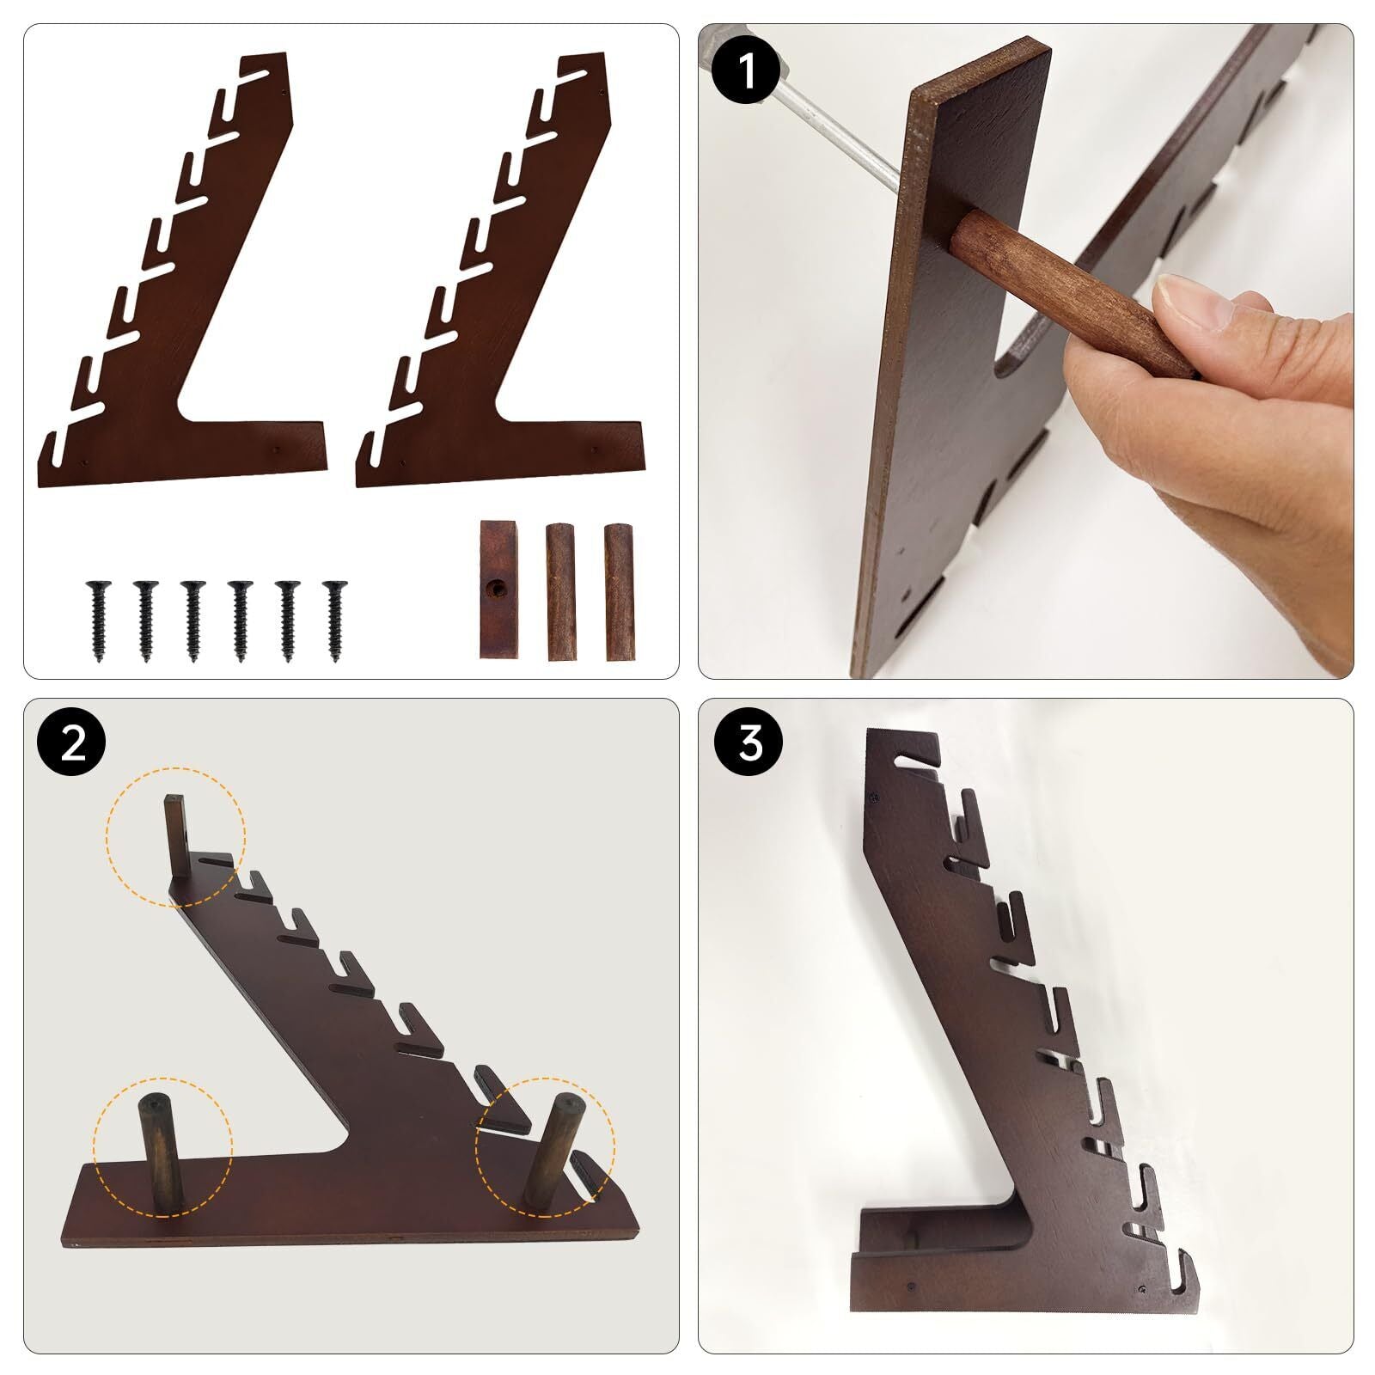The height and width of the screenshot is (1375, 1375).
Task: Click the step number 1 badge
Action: coord(746,70)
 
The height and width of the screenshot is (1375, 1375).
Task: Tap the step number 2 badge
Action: coord(72,743)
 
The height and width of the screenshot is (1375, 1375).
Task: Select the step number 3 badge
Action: coord(749,743)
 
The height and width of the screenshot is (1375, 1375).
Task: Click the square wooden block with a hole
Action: coord(496,590)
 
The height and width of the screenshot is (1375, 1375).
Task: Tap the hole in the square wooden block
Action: coord(496,590)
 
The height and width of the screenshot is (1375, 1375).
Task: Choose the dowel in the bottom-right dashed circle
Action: coord(550,1152)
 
